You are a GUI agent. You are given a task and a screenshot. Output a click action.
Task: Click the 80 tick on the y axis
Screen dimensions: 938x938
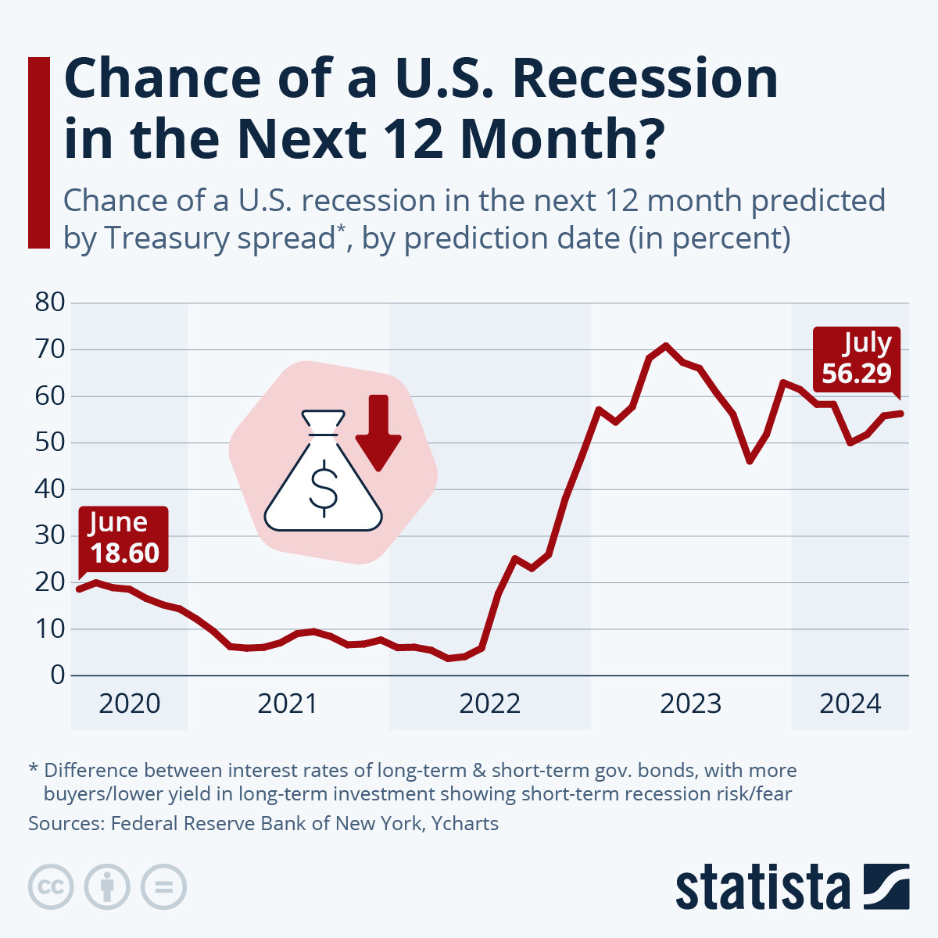pos(49,303)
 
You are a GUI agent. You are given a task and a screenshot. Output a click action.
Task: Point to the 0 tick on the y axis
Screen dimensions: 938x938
pos(57,675)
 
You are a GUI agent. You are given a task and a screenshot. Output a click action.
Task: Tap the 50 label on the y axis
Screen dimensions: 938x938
pos(49,442)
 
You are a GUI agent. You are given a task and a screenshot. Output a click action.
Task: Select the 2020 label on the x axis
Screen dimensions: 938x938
pos(130,703)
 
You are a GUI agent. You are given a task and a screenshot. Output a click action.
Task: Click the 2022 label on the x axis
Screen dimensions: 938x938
pos(489,703)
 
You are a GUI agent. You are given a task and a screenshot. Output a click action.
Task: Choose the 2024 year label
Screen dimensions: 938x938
pos(850,703)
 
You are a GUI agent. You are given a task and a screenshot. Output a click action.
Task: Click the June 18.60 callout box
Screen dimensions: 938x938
pos(124,539)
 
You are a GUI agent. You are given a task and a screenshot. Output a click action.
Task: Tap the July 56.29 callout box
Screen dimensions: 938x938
pos(857,359)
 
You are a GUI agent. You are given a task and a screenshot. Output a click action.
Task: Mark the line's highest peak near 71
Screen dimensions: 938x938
pos(665,345)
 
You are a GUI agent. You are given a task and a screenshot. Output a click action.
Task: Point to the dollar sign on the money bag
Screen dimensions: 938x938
pos(324,488)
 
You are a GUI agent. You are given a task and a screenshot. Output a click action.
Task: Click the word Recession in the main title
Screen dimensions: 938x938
pos(646,78)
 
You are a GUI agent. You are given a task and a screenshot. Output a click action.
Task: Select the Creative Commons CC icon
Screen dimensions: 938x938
pos(51,887)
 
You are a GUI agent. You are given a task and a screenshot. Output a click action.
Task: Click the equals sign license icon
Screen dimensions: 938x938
pos(163,887)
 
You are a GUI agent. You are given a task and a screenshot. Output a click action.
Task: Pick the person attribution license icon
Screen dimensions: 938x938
pos(107,887)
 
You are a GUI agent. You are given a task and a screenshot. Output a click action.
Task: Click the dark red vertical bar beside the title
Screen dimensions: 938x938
pos(39,152)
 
